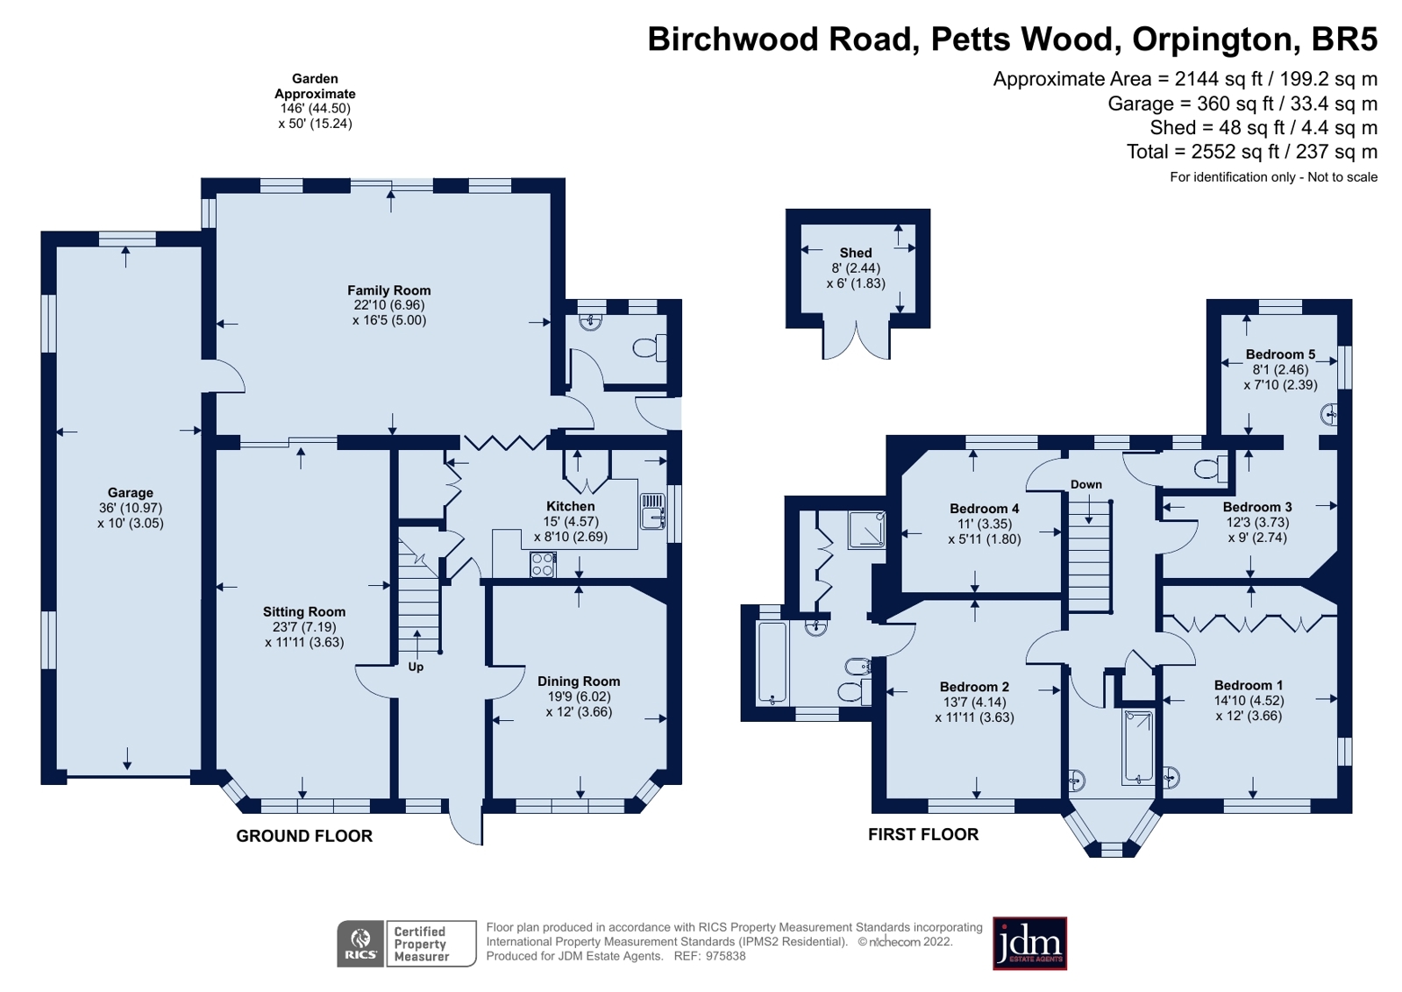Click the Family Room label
(x=388, y=290)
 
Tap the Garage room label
(x=131, y=493)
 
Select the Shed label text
(x=856, y=253)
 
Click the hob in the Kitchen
(x=543, y=564)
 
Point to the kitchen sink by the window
(x=652, y=511)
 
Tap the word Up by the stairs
(x=416, y=667)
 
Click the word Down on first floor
(x=1085, y=484)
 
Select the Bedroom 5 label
(x=1280, y=354)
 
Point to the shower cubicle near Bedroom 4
(x=866, y=530)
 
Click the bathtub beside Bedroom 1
(x=1138, y=746)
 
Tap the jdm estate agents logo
(x=1029, y=944)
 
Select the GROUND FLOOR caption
(x=304, y=836)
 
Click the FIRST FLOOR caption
(x=923, y=834)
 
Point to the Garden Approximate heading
(x=315, y=86)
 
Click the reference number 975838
(x=724, y=956)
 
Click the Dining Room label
(x=579, y=682)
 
